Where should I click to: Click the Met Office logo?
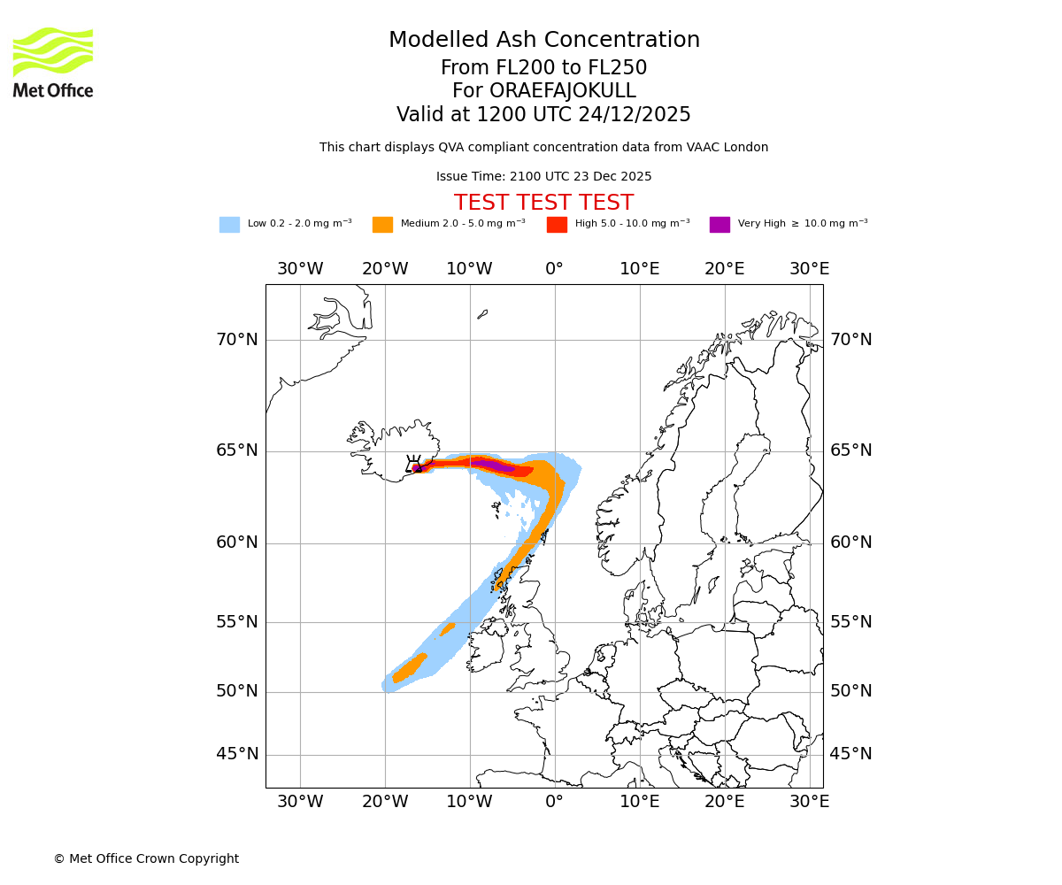(53, 62)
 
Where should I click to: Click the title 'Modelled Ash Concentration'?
(543, 40)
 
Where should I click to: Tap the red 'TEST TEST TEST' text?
(543, 203)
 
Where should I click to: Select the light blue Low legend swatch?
(229, 224)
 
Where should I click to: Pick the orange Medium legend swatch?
(382, 224)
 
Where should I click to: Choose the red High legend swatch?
(557, 224)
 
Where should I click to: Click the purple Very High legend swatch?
(720, 224)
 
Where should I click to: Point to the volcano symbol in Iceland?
(413, 464)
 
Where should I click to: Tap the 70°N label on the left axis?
(237, 340)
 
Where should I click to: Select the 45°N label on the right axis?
(850, 754)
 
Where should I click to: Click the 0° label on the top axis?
(555, 269)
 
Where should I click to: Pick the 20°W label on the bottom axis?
(385, 802)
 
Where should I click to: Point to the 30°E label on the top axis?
(809, 269)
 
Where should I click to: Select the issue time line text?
(543, 176)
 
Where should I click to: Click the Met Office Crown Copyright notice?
(146, 858)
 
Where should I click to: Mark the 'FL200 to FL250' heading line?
(543, 68)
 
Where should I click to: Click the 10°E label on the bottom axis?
(640, 802)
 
